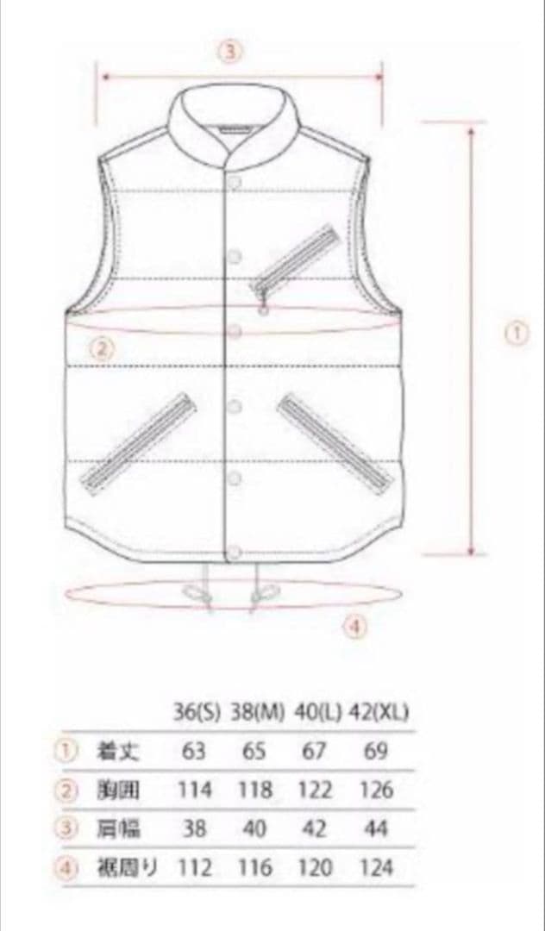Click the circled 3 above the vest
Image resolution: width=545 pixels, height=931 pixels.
tap(231, 52)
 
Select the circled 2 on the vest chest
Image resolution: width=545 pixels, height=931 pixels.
tap(102, 350)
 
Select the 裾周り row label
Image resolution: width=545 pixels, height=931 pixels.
tap(127, 869)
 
